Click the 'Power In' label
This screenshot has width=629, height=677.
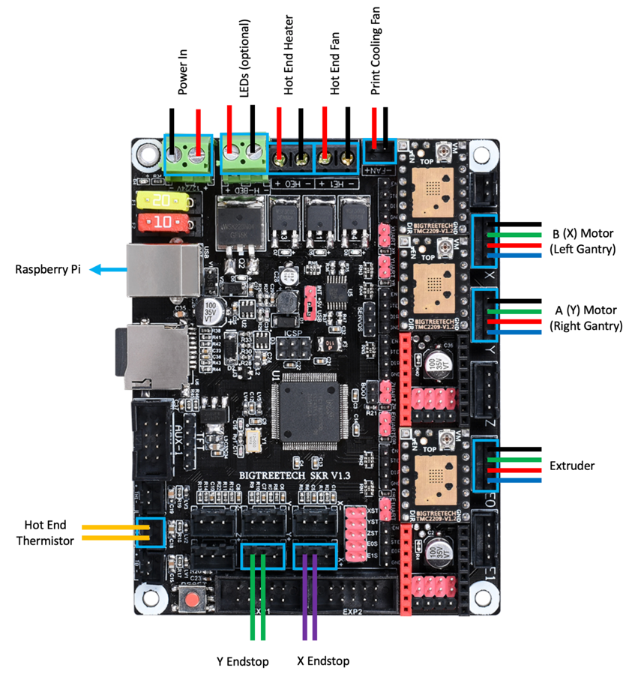(182, 77)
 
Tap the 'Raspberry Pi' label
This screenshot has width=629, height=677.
(48, 270)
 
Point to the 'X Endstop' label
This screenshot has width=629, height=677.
(322, 661)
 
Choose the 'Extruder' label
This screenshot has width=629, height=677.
(571, 466)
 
